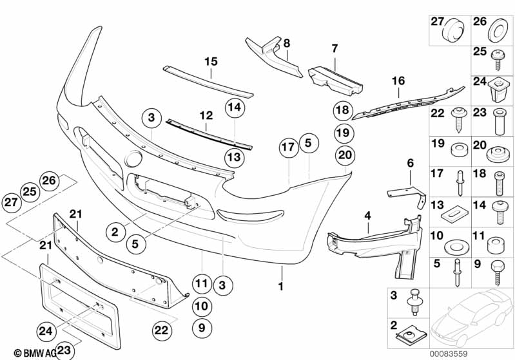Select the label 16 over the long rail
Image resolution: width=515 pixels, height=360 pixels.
398,81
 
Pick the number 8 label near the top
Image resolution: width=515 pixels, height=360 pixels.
287,44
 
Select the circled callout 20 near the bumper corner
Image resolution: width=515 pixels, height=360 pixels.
345,155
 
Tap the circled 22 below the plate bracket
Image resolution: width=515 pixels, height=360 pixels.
162,330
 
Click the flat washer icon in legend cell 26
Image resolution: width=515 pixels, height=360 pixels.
498,30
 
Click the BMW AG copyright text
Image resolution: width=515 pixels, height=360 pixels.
26,352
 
